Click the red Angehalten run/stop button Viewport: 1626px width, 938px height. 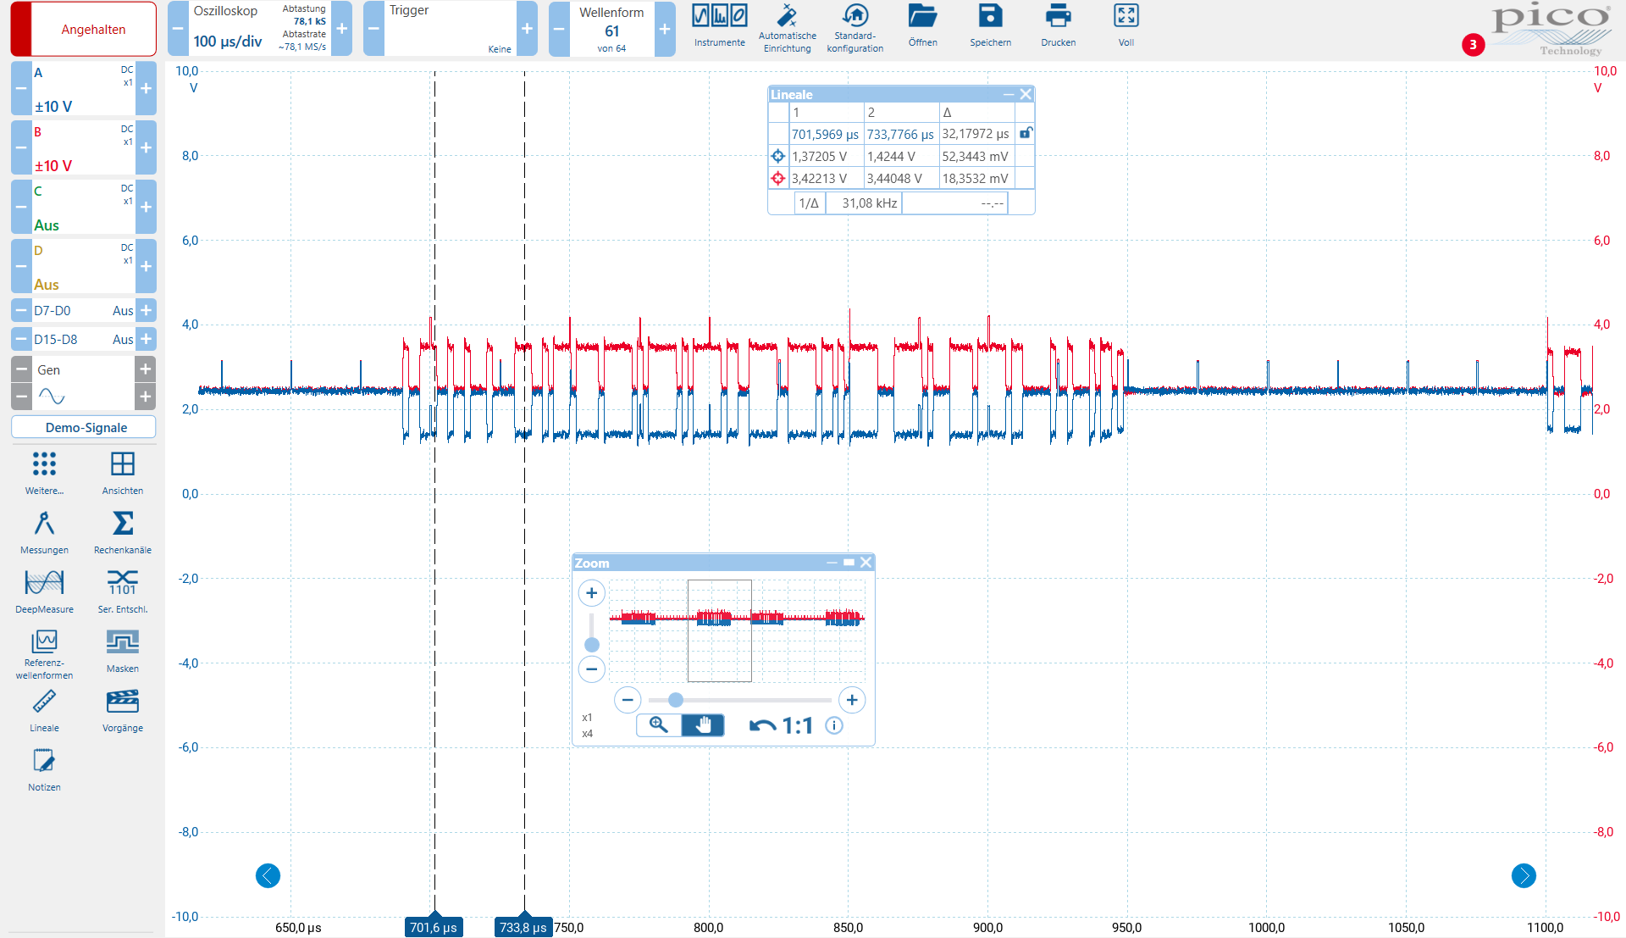[x=83, y=29]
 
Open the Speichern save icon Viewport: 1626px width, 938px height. [x=990, y=16]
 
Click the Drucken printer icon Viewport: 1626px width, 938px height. [x=1058, y=16]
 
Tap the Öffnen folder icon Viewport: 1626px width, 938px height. [x=922, y=16]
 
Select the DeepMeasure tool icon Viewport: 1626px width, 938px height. [x=44, y=582]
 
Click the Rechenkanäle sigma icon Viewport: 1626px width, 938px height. [x=123, y=523]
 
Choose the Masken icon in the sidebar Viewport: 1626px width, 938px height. [x=123, y=641]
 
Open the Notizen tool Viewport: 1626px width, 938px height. [x=44, y=760]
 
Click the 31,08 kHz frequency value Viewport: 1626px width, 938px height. [x=869, y=203]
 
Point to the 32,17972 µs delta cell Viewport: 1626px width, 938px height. [x=976, y=134]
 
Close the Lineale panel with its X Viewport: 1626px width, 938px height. [x=1026, y=94]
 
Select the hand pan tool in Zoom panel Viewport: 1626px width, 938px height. [x=703, y=725]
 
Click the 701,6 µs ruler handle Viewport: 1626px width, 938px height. [x=434, y=926]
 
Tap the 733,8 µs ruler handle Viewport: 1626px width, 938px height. [x=523, y=926]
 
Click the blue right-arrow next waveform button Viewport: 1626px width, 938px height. [x=1524, y=875]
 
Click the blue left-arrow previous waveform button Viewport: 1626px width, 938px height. [x=268, y=875]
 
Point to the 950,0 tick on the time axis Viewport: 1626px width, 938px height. [x=1127, y=928]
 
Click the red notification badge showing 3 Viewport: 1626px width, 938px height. [x=1473, y=45]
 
